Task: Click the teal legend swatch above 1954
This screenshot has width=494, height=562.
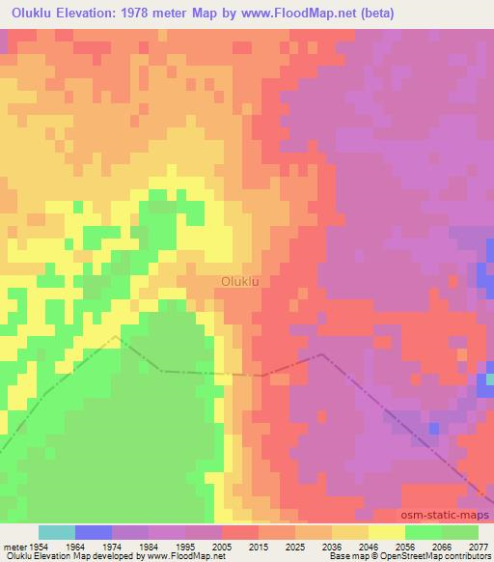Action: pyautogui.click(x=57, y=532)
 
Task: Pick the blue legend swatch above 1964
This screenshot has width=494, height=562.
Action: pyautogui.click(x=94, y=532)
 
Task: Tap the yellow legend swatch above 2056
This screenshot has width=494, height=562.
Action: pyautogui.click(x=386, y=532)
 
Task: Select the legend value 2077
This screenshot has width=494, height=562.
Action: pyautogui.click(x=478, y=546)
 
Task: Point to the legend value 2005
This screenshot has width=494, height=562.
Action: pyautogui.click(x=221, y=546)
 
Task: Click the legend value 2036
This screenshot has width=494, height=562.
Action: pyautogui.click(x=331, y=546)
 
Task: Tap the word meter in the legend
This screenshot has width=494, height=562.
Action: pyautogui.click(x=14, y=546)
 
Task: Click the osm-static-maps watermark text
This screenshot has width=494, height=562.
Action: pyautogui.click(x=432, y=517)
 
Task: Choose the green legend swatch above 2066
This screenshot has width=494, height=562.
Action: pyautogui.click(x=423, y=532)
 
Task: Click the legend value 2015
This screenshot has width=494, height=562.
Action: pyautogui.click(x=258, y=546)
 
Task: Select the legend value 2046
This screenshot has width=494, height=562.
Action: pyautogui.click(x=368, y=546)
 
